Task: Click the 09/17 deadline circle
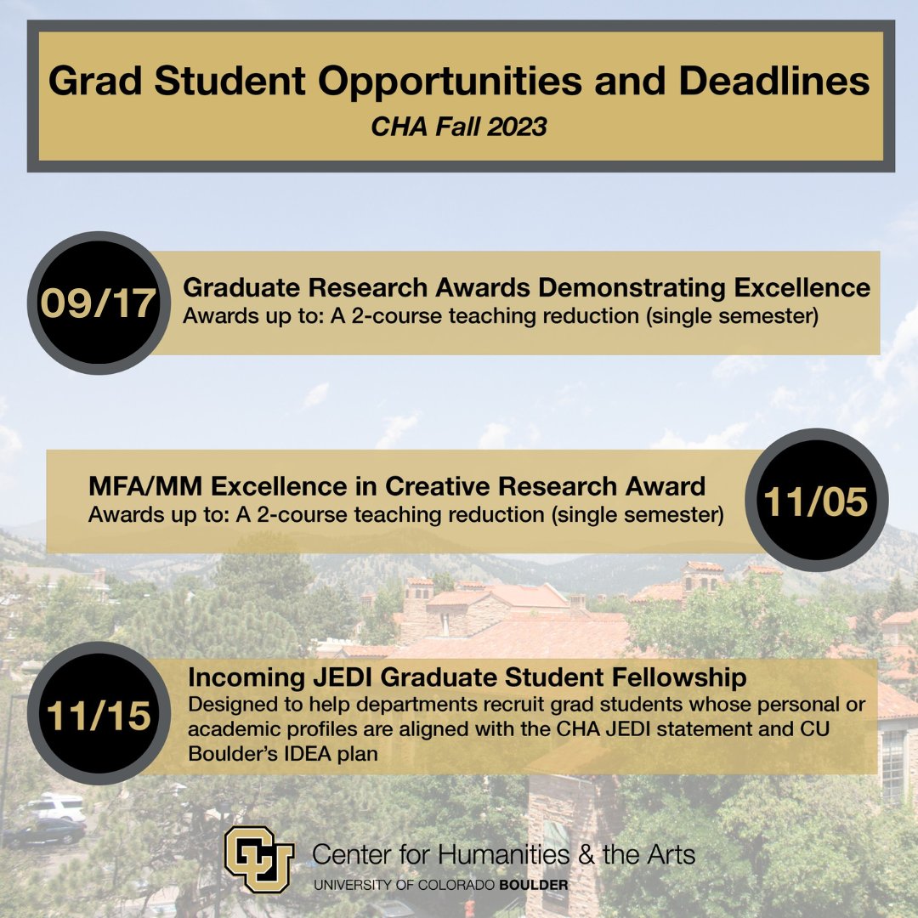click(x=99, y=303)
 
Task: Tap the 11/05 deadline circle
click(x=816, y=501)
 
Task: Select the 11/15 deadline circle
click(x=99, y=715)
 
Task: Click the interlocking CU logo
click(x=258, y=858)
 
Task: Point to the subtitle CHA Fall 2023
click(x=459, y=127)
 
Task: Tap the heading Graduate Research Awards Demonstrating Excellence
click(x=526, y=287)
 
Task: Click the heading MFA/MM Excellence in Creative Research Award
click(x=396, y=486)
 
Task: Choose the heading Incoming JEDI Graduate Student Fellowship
click(x=467, y=677)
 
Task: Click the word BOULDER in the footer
click(x=534, y=885)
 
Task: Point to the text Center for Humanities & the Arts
click(x=504, y=853)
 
